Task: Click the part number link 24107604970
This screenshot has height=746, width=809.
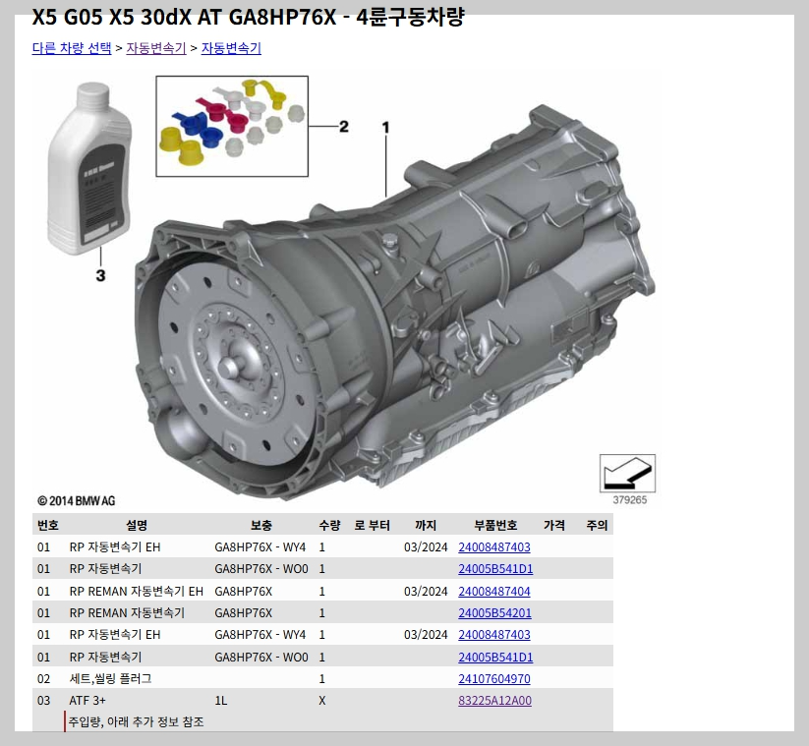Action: tap(494, 679)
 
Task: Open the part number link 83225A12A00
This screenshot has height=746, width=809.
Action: tap(494, 701)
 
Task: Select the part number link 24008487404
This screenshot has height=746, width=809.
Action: tap(494, 592)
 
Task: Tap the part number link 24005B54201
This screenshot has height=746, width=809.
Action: tap(494, 613)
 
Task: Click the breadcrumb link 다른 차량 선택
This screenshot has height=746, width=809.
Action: tap(72, 48)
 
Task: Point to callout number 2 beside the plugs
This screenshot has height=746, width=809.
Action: tap(344, 127)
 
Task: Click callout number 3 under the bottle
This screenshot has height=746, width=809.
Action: tap(100, 275)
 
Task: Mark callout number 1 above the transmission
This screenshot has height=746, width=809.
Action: tap(385, 128)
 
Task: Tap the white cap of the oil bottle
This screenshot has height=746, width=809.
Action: tap(92, 96)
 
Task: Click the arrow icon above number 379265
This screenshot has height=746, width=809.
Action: tap(627, 473)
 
